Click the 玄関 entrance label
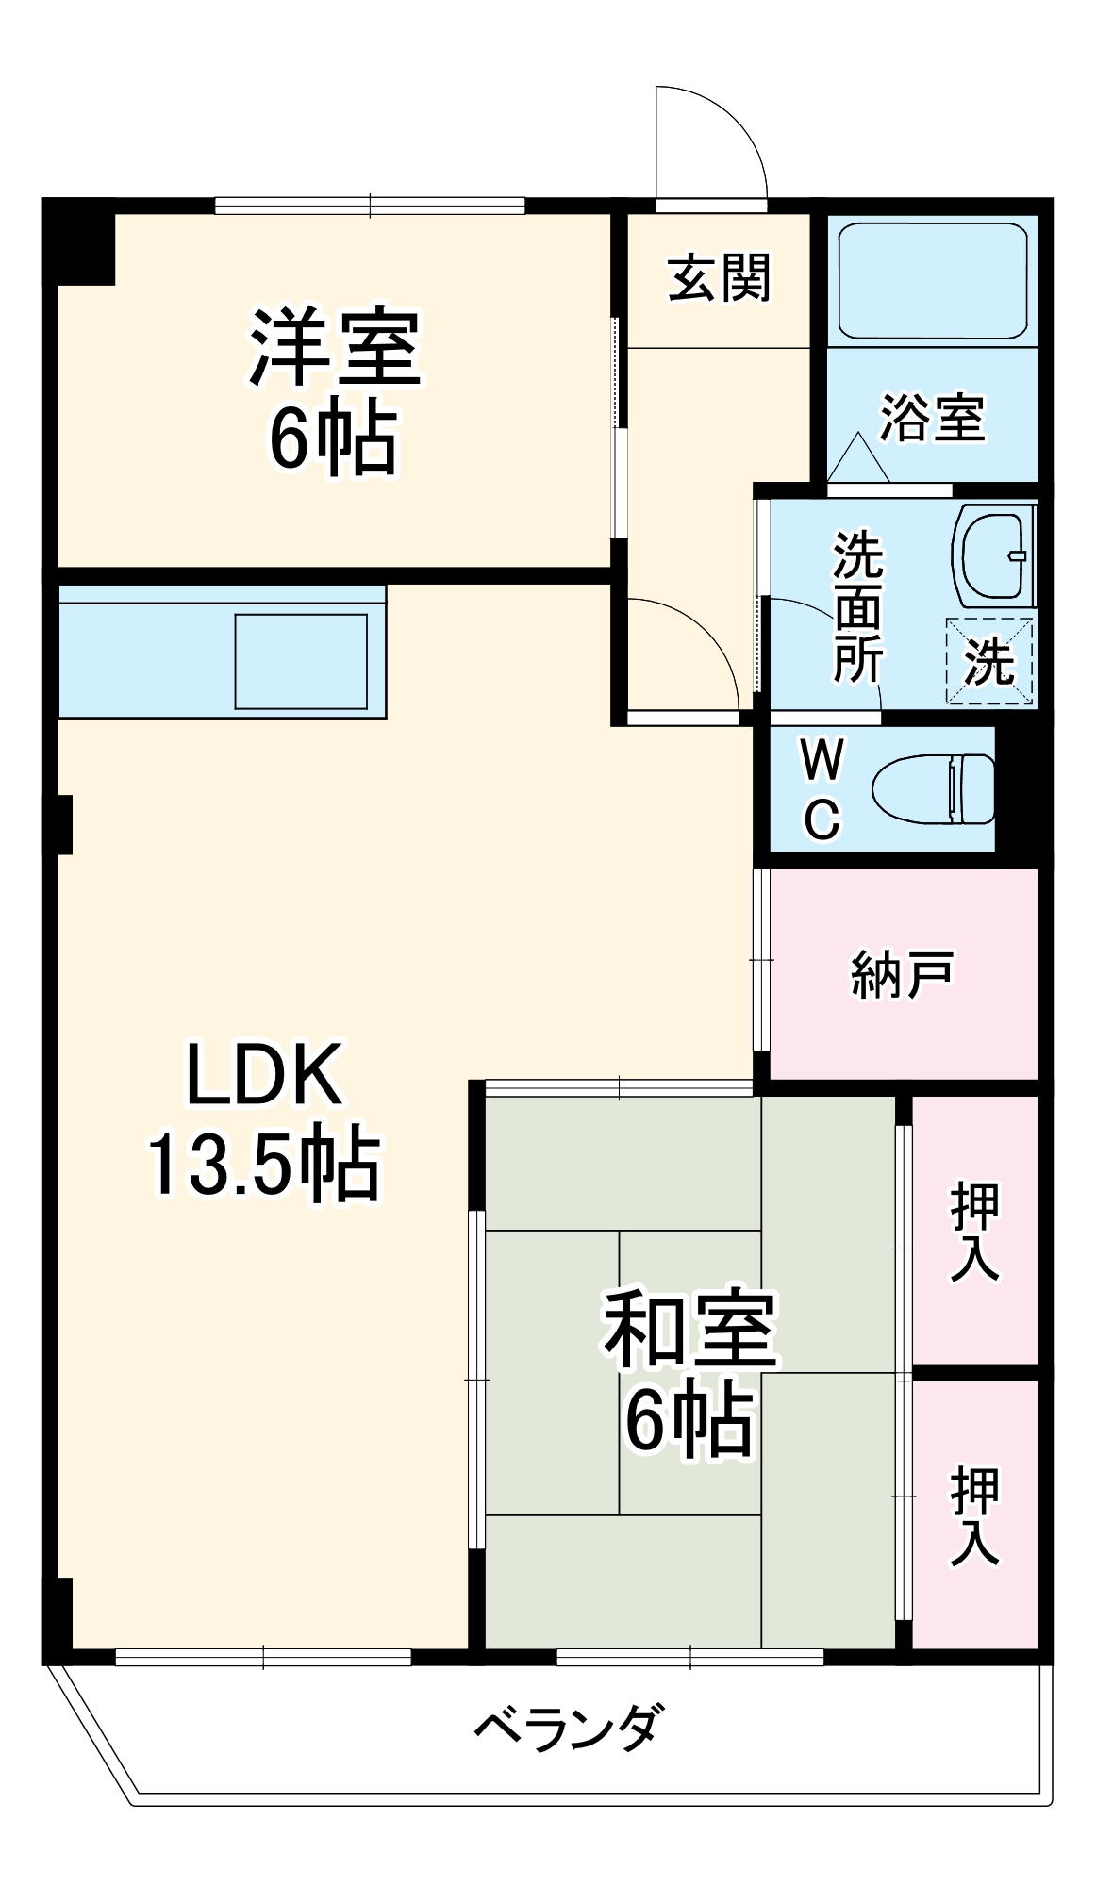[719, 278]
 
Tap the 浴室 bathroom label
[932, 417]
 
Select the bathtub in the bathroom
[932, 280]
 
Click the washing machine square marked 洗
[989, 661]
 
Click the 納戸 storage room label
[902, 974]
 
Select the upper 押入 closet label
[974, 1232]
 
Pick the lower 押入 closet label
[974, 1515]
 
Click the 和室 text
[690, 1331]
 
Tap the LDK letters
[264, 1074]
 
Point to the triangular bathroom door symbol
[858, 460]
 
